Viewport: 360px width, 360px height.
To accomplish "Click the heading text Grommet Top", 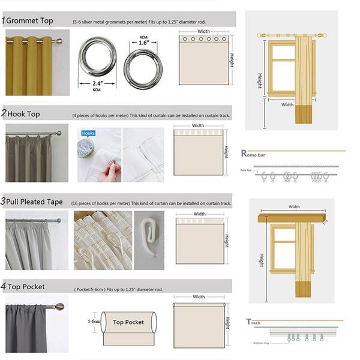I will pyautogui.click(x=29, y=20).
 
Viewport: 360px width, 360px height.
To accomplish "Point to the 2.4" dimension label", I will pyautogui.click(x=97, y=83).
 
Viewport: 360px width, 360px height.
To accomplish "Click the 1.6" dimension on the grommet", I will pyautogui.click(x=143, y=43).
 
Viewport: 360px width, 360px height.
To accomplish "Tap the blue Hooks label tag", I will pyautogui.click(x=88, y=133).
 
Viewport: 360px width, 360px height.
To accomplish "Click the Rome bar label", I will pyautogui.click(x=253, y=154).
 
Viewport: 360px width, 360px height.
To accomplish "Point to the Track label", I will pyautogui.click(x=254, y=322).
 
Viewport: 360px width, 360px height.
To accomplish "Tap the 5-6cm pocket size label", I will pyautogui.click(x=93, y=322).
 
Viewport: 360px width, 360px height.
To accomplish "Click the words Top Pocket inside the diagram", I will pyautogui.click(x=128, y=322).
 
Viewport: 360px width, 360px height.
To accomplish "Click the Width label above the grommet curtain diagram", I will pyautogui.click(x=204, y=31).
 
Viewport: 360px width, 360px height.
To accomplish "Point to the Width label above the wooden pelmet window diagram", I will pyautogui.click(x=294, y=206).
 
